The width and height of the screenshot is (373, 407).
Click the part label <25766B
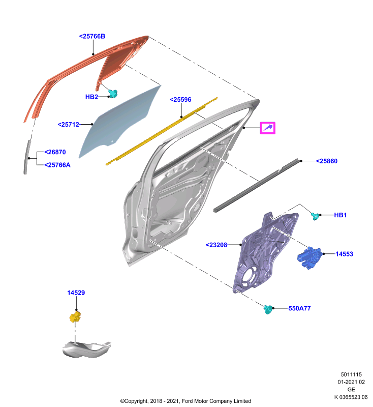(x=92, y=36)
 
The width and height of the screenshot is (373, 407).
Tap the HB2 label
(x=91, y=97)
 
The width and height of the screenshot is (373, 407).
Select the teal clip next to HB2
(x=113, y=94)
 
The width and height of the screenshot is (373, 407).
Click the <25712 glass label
(x=68, y=125)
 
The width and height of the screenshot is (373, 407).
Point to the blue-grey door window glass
(x=119, y=122)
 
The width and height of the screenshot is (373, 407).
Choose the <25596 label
(x=180, y=100)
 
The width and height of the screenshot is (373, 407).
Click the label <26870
(x=55, y=152)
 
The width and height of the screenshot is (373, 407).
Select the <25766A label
(x=57, y=165)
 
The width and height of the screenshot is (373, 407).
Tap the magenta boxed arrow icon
(x=267, y=128)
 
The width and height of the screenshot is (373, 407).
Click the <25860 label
(x=327, y=161)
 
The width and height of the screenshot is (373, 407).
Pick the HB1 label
(x=340, y=215)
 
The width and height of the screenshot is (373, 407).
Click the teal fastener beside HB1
(x=315, y=216)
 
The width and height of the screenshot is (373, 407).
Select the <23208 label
(x=216, y=245)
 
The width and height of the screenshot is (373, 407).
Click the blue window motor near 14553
(x=310, y=257)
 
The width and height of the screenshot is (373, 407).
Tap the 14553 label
(x=344, y=254)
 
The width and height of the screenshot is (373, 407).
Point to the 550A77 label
(x=299, y=308)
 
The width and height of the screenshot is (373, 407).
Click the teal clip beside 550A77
(x=268, y=309)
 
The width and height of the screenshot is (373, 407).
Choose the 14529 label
(x=76, y=293)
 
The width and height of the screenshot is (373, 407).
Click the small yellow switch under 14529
(x=75, y=317)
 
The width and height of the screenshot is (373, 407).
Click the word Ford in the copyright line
(x=187, y=401)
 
